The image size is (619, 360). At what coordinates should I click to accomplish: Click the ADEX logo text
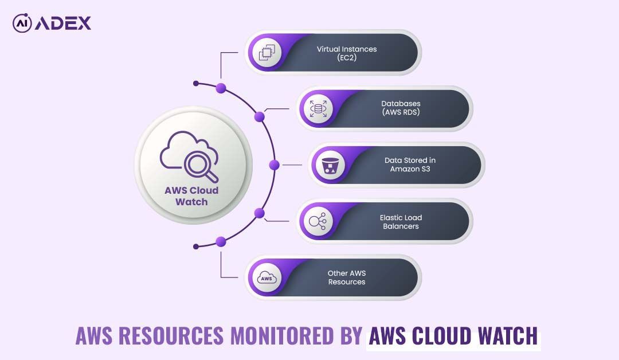63,23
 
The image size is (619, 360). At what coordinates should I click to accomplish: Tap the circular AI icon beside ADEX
22,23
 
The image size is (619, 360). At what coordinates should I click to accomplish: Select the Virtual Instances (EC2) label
347,53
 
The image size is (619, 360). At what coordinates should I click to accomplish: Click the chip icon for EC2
265,53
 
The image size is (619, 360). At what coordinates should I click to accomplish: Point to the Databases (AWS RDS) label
401,108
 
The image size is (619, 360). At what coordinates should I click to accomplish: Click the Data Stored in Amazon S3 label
410,165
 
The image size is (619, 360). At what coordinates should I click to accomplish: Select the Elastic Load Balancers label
401,222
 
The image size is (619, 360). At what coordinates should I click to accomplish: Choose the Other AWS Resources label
347,277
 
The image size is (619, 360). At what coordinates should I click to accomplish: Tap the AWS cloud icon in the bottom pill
266,278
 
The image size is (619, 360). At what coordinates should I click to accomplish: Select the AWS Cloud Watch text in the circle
191,196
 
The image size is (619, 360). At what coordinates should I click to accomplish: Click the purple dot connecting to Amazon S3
274,165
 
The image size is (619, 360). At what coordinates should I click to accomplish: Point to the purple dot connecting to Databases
260,117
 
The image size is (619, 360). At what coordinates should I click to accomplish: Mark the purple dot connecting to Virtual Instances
221,88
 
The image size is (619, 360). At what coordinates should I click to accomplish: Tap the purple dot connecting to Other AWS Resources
221,241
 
